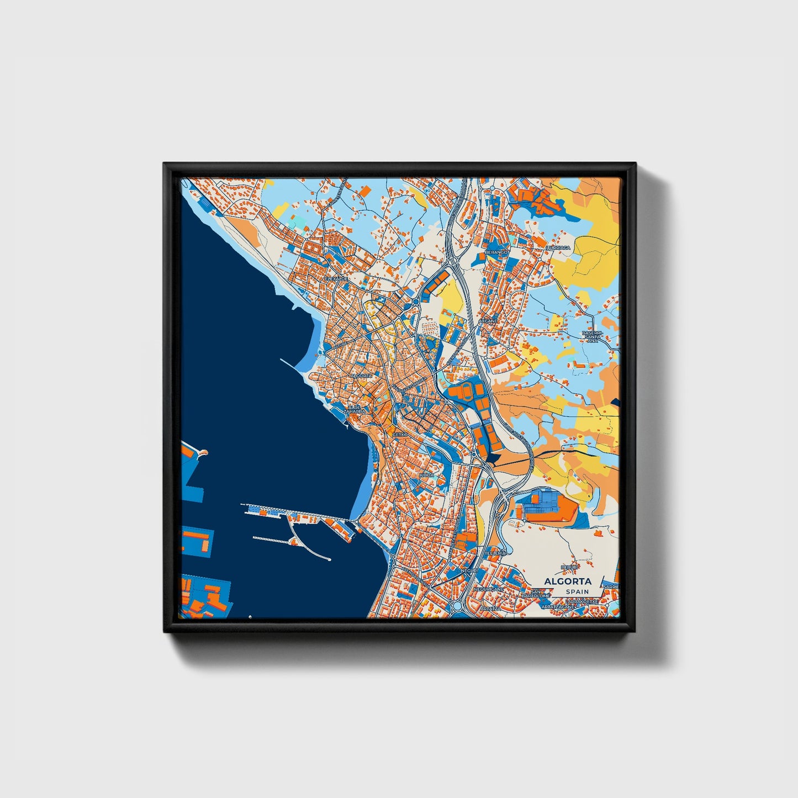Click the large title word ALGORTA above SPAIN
coord(567,581)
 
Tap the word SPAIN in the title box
coord(577,591)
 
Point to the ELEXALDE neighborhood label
coord(337,279)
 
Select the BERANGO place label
coord(496,252)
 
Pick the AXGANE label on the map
coord(488,320)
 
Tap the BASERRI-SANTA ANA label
coord(592,337)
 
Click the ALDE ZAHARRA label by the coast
coord(354,409)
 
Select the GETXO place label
coord(399,435)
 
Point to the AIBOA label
coord(426,475)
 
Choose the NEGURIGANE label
coord(488,589)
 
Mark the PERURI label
coord(569,567)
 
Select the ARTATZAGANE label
coord(558,606)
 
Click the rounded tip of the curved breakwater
coord(329,559)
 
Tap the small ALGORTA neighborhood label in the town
coord(361,376)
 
